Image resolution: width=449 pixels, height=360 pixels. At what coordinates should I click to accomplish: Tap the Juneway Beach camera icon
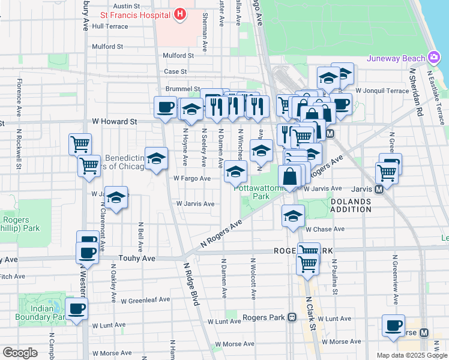coord(433,58)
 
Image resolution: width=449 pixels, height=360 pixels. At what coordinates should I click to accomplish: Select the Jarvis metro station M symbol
coord(379,189)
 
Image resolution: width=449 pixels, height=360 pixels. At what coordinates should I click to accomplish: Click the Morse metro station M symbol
coord(424,332)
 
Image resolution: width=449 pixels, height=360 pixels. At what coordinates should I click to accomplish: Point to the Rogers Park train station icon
coord(292,317)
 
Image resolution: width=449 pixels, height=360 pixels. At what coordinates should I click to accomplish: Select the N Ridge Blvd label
coord(191,284)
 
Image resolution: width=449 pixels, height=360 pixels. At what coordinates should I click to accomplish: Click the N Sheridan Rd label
coord(414,90)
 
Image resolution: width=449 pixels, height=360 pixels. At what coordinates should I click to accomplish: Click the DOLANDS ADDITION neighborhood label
coord(351,205)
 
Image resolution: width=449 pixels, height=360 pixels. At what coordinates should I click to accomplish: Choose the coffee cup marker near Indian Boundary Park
coord(76,309)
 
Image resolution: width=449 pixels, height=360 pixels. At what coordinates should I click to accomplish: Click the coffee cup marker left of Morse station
coord(393,325)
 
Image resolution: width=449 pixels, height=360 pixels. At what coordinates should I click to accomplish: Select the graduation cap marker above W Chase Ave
coord(292,217)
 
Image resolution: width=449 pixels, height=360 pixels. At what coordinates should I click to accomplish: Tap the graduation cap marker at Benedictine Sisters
coord(156,158)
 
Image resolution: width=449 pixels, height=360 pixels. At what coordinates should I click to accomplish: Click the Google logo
coord(20,353)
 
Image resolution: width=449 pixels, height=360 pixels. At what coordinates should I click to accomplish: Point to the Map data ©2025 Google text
coord(412,355)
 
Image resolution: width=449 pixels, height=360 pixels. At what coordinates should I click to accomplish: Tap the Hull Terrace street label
coord(110,26)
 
